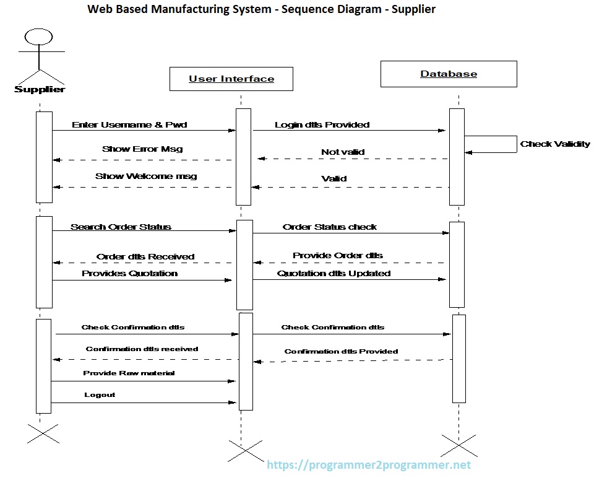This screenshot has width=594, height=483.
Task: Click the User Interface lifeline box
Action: pos(231,79)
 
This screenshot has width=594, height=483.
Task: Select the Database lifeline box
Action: pos(449,74)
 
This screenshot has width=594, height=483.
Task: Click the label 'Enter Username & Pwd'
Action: pos(129,124)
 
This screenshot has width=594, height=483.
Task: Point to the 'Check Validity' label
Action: pos(555,144)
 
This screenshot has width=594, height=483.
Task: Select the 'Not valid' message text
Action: pos(343,152)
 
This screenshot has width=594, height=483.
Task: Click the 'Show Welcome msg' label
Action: pos(146,176)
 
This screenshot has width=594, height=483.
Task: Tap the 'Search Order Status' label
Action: pos(121,227)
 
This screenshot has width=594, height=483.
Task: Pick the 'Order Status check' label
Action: pos(330,227)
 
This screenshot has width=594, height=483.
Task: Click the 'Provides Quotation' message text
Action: pos(130,273)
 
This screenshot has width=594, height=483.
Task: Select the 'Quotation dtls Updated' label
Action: pos(334,273)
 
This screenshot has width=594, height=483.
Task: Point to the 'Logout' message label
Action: pos(100,394)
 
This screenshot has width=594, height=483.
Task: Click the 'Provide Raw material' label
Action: pos(129,373)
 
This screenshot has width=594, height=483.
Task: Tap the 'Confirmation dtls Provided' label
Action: pos(341,351)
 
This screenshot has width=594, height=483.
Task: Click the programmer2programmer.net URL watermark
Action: pos(369,465)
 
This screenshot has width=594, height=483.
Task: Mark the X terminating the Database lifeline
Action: pos(458,445)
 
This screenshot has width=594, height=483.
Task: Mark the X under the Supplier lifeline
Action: pos(43,433)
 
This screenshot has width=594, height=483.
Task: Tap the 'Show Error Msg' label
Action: pos(142,149)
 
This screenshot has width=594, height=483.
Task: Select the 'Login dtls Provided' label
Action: pos(322,124)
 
